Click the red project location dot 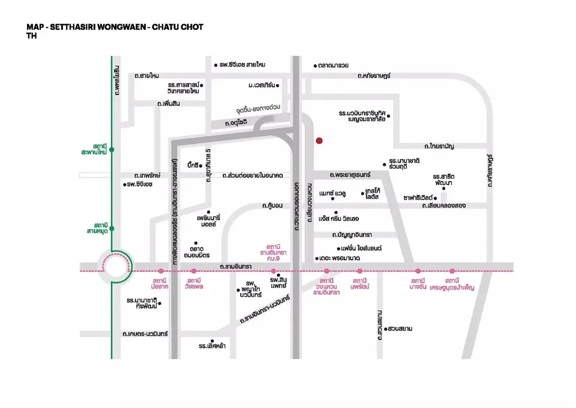[319, 140]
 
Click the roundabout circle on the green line [113, 267]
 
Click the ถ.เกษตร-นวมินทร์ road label [145, 334]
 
